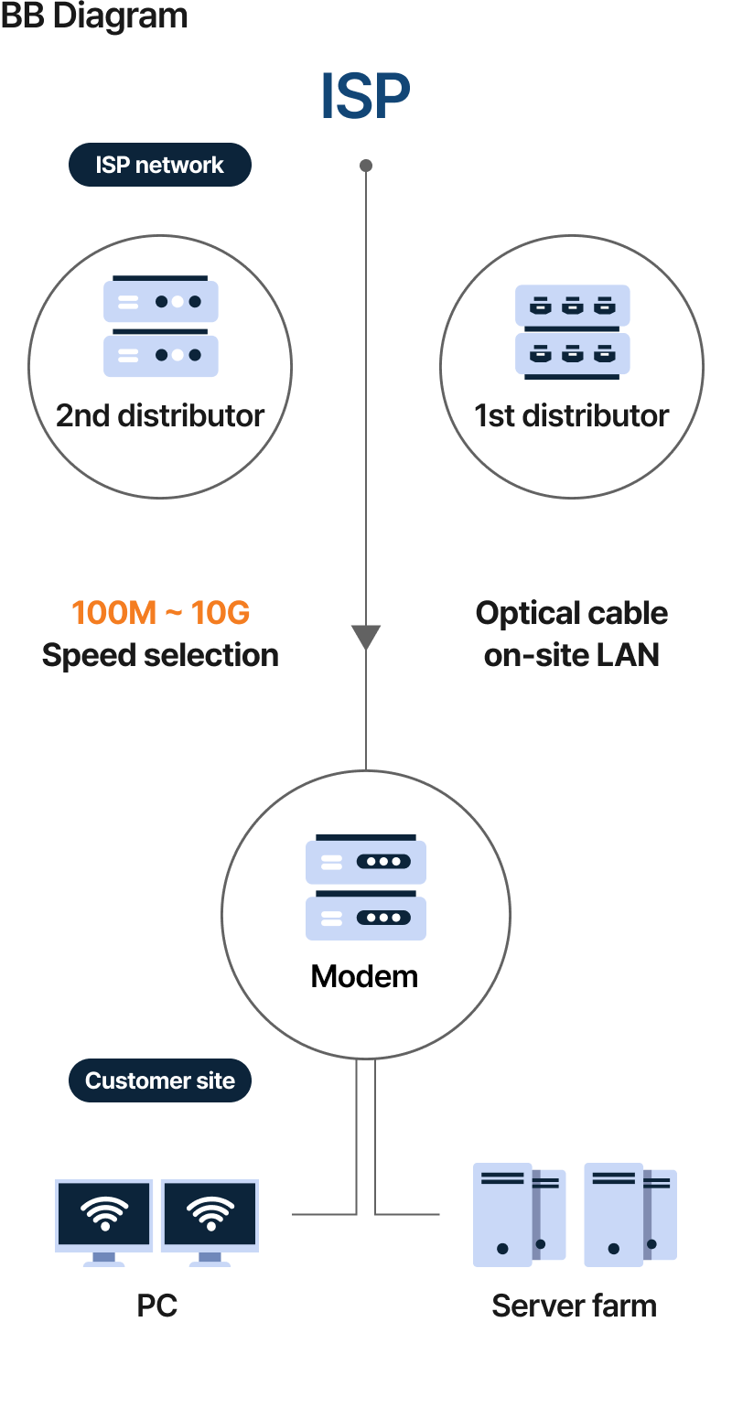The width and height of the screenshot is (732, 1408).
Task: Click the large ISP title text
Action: pyautogui.click(x=365, y=95)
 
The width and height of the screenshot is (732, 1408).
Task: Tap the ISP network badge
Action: pyautogui.click(x=160, y=165)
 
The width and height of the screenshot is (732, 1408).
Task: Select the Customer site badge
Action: pyautogui.click(x=160, y=1080)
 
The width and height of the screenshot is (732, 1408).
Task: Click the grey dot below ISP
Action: pyautogui.click(x=366, y=166)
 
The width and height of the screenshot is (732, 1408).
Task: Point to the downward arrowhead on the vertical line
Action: pyautogui.click(x=366, y=637)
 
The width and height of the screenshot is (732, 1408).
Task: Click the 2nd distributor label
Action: pyautogui.click(x=160, y=416)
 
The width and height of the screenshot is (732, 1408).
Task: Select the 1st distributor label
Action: pyautogui.click(x=572, y=416)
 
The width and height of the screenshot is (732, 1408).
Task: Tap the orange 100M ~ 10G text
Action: pyautogui.click(x=160, y=612)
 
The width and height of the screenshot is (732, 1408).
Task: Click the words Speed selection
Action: pyautogui.click(x=160, y=655)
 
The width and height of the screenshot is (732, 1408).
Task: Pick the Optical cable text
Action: pyautogui.click(x=572, y=613)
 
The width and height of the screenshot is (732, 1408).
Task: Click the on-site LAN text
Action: pyautogui.click(x=572, y=655)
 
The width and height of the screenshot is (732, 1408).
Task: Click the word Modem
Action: pyautogui.click(x=364, y=976)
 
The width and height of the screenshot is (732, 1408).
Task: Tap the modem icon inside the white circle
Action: pyautogui.click(x=366, y=887)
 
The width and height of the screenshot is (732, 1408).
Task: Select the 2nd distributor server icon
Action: pyautogui.click(x=161, y=328)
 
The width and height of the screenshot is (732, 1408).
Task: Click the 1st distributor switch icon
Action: pyautogui.click(x=573, y=330)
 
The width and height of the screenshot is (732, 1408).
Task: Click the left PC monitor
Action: pyautogui.click(x=103, y=1216)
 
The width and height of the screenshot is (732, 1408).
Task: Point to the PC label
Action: pyautogui.click(x=156, y=1305)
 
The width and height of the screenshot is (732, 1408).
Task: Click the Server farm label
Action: pyautogui.click(x=574, y=1306)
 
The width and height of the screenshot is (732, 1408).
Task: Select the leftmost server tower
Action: pyautogui.click(x=502, y=1215)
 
